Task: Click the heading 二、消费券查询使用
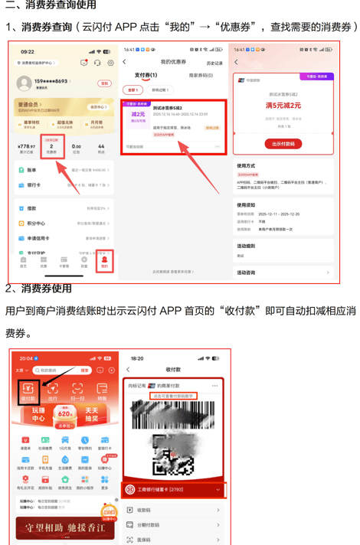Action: click(51, 5)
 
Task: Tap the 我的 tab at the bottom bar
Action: click(105, 262)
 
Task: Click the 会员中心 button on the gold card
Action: click(98, 107)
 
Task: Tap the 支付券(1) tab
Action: click(146, 75)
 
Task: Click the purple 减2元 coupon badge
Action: click(138, 116)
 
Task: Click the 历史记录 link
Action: click(214, 63)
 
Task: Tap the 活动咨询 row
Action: click(283, 272)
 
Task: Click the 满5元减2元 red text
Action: click(283, 105)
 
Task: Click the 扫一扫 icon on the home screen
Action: click(77, 391)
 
